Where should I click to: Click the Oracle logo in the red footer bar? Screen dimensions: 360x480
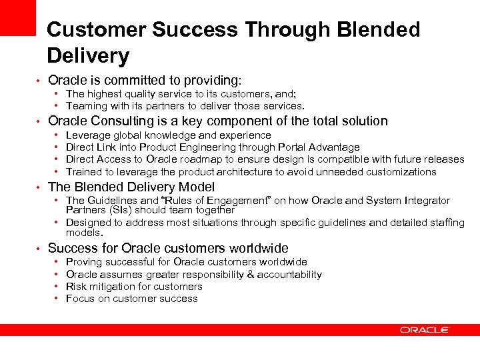(x=425, y=330)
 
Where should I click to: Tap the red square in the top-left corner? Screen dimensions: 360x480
(x=17, y=17)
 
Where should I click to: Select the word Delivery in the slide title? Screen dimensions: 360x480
(x=88, y=55)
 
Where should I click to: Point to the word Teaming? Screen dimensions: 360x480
(x=87, y=106)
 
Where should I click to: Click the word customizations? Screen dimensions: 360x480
(x=397, y=171)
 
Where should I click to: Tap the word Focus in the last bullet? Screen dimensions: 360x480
(x=80, y=299)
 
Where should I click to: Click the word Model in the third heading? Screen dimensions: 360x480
(x=197, y=187)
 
